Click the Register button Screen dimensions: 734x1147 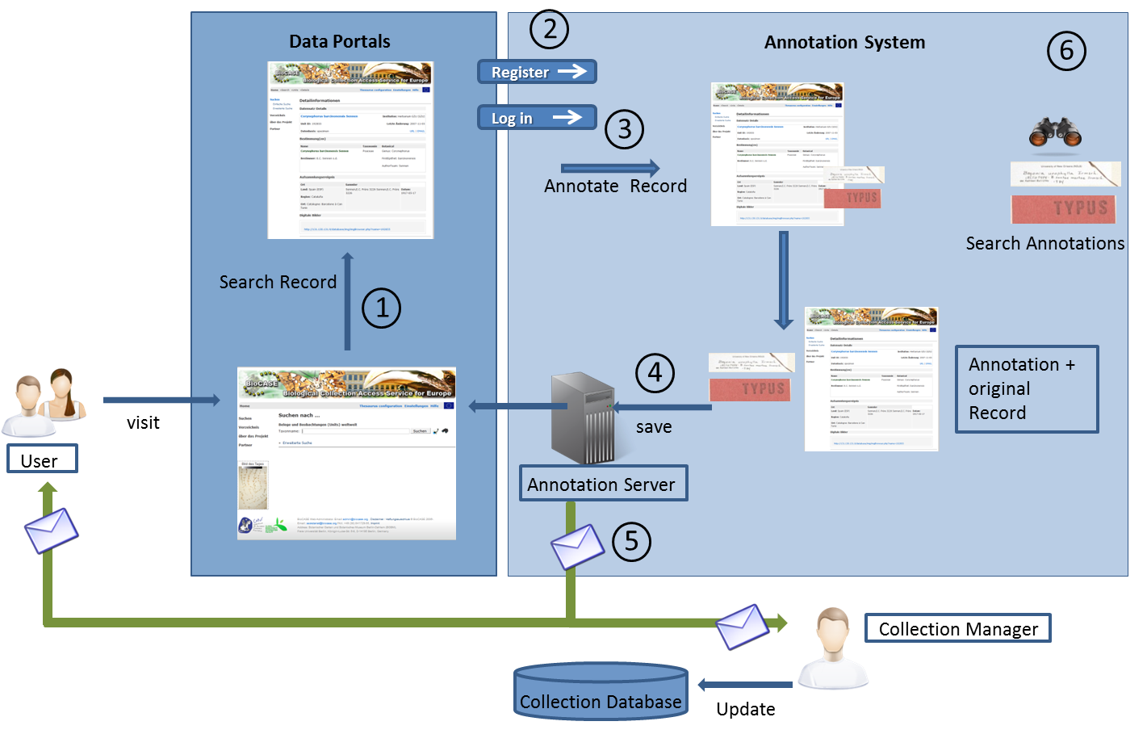[537, 72]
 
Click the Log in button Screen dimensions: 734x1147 [537, 118]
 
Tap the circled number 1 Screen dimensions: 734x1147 [381, 308]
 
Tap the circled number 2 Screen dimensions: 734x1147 [549, 30]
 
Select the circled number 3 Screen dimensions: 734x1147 [624, 129]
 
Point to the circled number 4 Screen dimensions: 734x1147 [655, 373]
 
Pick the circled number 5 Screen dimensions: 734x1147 [631, 541]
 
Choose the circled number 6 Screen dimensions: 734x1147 [1066, 51]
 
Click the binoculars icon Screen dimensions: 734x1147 [1055, 132]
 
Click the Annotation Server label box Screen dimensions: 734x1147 [603, 484]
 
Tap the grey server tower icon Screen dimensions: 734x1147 [582, 417]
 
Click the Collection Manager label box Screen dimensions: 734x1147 [957, 628]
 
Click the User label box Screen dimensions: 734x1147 [42, 459]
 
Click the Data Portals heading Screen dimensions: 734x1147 [339, 41]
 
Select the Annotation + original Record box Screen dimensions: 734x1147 [1026, 389]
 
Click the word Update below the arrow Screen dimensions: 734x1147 [745, 709]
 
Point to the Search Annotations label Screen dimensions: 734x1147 [1044, 243]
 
